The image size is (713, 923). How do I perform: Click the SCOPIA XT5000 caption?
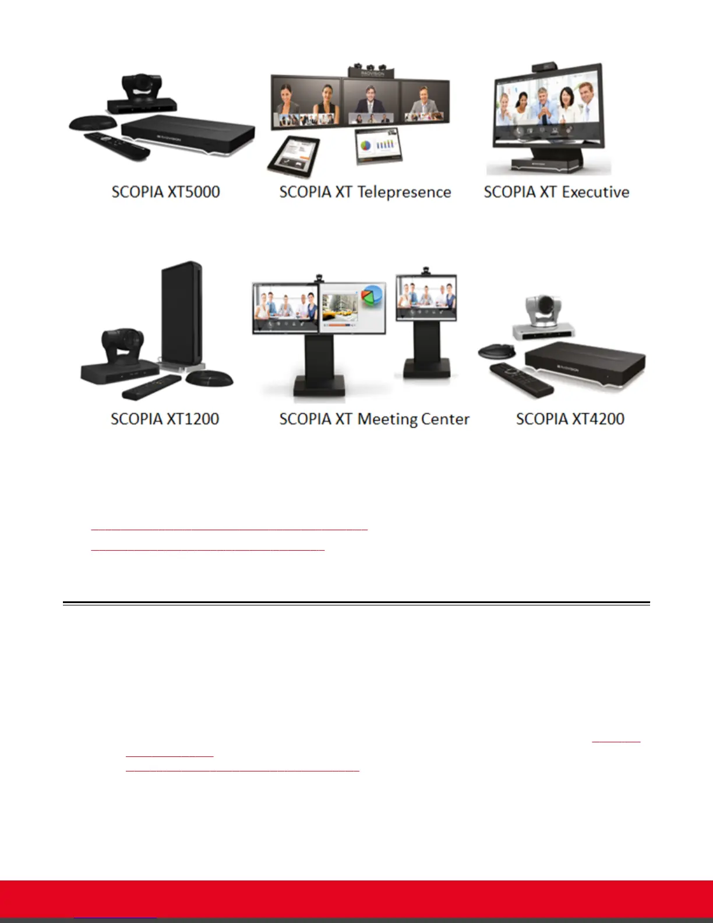(165, 192)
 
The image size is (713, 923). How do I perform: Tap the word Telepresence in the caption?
(404, 193)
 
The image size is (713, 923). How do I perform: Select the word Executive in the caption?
(595, 192)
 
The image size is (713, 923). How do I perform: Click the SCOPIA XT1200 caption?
(165, 419)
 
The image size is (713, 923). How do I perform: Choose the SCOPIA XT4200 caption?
(570, 419)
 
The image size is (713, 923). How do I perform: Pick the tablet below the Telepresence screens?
(294, 155)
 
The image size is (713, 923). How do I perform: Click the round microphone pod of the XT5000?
(93, 122)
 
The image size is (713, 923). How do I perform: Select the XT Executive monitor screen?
(548, 111)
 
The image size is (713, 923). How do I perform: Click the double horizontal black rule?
(356, 603)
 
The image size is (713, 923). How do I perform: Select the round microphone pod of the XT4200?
(496, 351)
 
